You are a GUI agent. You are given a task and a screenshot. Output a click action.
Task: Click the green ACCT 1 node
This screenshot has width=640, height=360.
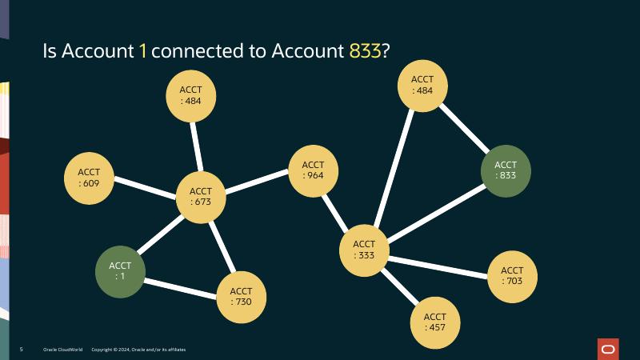(x=120, y=270)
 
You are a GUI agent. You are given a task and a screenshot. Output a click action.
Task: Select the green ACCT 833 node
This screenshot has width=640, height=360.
(x=506, y=170)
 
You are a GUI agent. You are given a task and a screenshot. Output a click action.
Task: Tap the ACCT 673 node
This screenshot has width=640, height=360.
(x=201, y=196)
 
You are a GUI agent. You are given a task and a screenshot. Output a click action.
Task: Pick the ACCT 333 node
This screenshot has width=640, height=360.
(x=364, y=250)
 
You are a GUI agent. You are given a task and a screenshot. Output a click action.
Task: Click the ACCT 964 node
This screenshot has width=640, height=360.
(x=313, y=170)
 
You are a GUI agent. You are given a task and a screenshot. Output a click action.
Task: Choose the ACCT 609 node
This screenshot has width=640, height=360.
(x=89, y=177)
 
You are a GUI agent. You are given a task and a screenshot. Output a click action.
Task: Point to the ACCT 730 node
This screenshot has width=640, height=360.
(x=241, y=296)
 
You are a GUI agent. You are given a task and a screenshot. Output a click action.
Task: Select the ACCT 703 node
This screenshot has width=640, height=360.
(x=512, y=275)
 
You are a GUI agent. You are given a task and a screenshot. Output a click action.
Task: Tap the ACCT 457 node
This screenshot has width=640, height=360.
(x=435, y=322)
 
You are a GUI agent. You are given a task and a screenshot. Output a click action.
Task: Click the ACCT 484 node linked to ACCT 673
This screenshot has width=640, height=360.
(x=190, y=96)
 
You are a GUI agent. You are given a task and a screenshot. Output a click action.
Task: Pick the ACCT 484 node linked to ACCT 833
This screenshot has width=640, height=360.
(x=422, y=85)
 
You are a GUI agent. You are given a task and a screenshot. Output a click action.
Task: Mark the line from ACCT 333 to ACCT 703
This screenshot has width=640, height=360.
(x=438, y=263)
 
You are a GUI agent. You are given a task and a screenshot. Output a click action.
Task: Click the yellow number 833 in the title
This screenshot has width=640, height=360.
(x=365, y=51)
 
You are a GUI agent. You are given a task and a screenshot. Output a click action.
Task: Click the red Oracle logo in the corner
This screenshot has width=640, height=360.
(x=608, y=349)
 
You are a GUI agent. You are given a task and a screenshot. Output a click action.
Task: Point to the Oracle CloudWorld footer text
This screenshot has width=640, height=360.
(x=62, y=350)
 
